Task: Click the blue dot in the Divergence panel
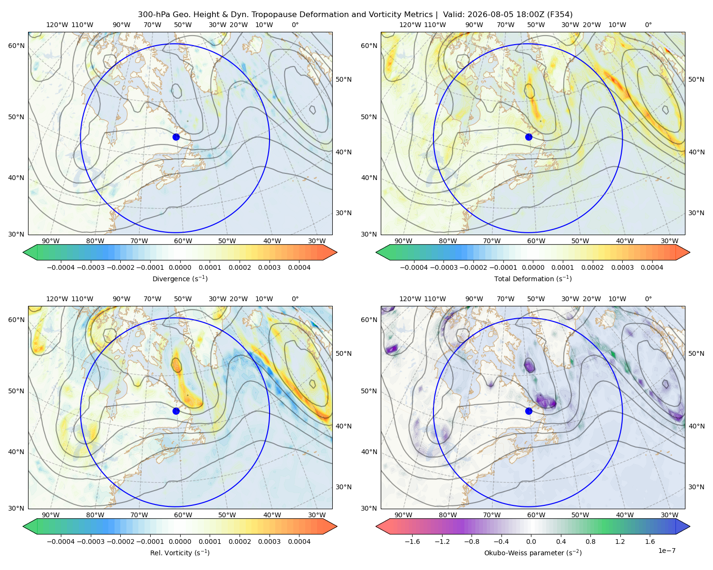tap(176, 137)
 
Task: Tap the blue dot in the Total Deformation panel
tap(529, 137)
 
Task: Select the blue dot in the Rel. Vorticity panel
tap(176, 411)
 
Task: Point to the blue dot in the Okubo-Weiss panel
tap(529, 411)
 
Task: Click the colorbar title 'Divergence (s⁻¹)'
tap(180, 278)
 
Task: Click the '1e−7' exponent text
tap(666, 551)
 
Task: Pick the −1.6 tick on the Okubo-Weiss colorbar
tap(413, 541)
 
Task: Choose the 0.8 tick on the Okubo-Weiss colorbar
tap(590, 541)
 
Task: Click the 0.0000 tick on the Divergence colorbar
tap(180, 267)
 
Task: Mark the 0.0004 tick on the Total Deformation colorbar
tap(652, 267)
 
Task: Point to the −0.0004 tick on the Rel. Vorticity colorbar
tap(61, 541)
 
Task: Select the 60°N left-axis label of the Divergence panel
tap(16, 46)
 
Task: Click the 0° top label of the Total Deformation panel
tap(648, 25)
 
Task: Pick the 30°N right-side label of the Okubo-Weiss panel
tap(696, 486)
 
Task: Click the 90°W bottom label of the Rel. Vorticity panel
tap(51, 515)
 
